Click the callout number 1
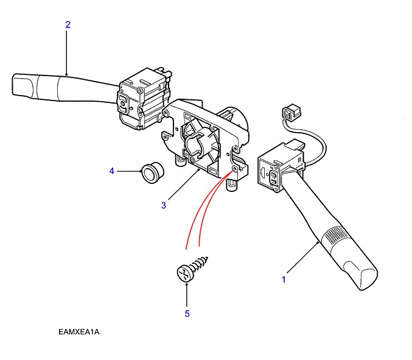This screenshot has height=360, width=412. [283, 279]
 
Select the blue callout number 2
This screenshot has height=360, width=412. [68, 25]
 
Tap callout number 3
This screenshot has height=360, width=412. [164, 205]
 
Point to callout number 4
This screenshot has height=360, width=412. [111, 171]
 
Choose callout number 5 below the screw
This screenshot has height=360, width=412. [187, 314]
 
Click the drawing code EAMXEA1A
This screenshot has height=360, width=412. [79, 332]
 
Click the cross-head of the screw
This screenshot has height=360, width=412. [183, 272]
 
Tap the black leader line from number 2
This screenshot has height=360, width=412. [67, 52]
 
